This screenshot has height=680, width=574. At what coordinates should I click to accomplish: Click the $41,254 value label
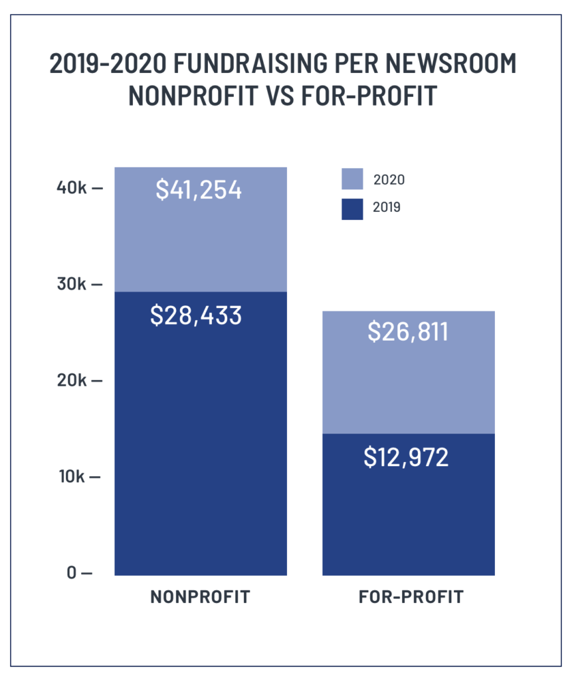point(199,190)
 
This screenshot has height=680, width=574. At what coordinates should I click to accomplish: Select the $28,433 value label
point(196,315)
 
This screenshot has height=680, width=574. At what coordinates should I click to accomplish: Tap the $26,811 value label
point(408,332)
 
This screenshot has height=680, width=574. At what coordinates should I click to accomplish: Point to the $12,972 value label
point(406,458)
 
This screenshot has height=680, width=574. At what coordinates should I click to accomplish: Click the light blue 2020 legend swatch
point(352,179)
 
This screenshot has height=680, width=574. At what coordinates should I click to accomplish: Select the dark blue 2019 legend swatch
point(352,209)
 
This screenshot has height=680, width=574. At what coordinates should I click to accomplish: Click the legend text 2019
point(388,209)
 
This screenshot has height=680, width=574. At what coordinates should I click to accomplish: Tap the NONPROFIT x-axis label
point(201,596)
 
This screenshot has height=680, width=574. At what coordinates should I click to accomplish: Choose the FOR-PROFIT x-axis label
point(411,596)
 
